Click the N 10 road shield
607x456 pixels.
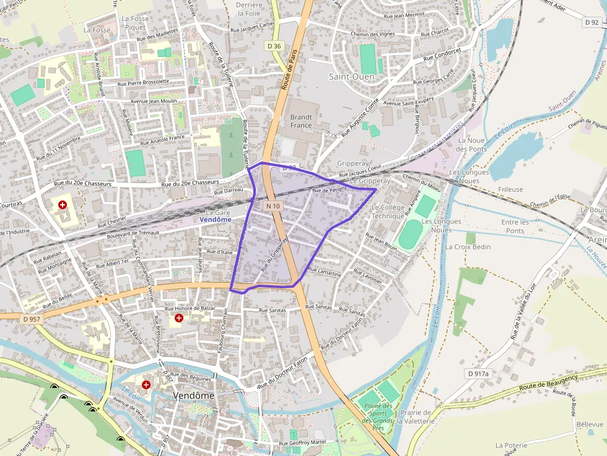tap(273, 205)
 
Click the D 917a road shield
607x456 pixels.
tap(478, 374)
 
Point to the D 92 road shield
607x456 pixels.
tap(592, 22)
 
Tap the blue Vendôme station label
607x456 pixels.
tap(216, 220)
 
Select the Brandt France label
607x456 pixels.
tap(301, 121)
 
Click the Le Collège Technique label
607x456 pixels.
tap(388, 212)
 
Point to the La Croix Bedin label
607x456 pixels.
tap(468, 246)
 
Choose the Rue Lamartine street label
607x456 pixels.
tap(325, 272)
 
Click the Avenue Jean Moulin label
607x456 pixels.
tap(154, 101)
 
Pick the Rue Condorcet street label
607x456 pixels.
tap(442, 54)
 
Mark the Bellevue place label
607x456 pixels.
tap(590, 424)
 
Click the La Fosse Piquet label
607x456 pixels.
tap(135, 23)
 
